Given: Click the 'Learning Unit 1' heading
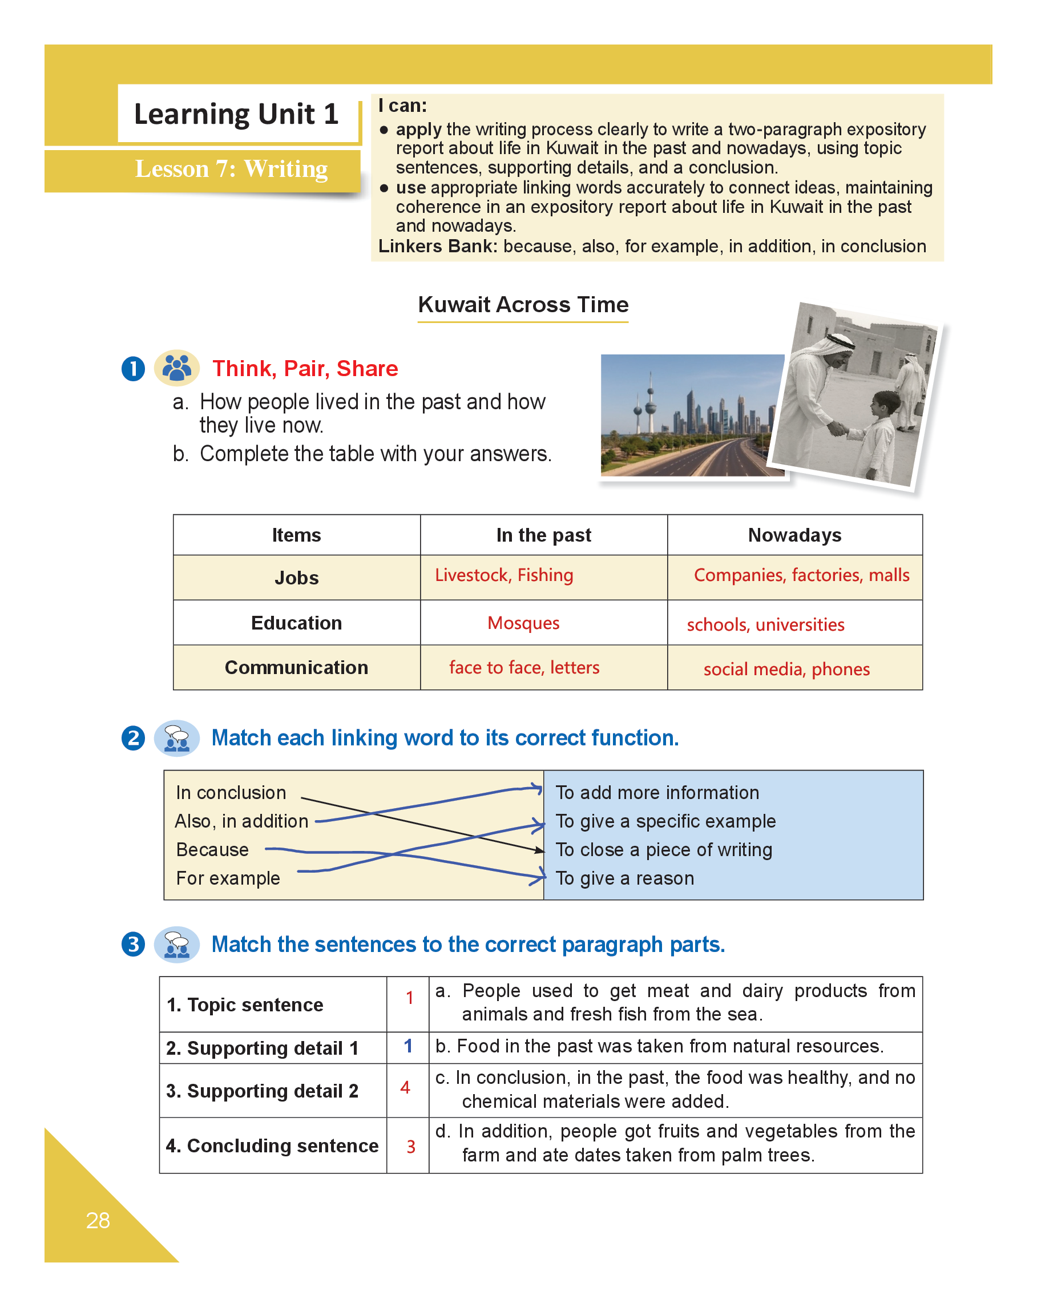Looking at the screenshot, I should tap(236, 114).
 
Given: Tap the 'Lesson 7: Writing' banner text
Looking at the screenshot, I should tap(231, 168).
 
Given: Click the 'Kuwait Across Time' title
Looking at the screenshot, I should tap(522, 304).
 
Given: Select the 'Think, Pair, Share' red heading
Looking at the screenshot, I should tap(305, 369).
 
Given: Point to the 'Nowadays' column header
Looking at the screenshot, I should tap(794, 535).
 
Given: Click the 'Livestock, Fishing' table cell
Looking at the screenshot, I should tap(503, 575).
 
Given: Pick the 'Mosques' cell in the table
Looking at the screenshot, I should tap(523, 623).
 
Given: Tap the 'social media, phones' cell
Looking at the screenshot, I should tap(786, 669).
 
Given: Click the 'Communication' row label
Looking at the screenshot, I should tap(296, 667).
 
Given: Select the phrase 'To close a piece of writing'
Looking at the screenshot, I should tap(664, 850).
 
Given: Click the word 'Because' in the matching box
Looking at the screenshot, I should tap(212, 850).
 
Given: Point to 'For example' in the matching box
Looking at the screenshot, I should tap(228, 878).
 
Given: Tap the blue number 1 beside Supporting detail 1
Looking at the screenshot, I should tap(408, 1046).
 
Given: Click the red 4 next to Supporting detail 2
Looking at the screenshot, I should tap(405, 1088).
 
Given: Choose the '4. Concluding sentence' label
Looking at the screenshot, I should tap(272, 1145).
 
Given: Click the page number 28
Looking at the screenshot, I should tap(98, 1220).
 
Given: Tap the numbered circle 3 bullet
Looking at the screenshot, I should tap(134, 945).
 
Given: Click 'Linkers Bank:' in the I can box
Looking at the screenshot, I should tap(437, 246).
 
